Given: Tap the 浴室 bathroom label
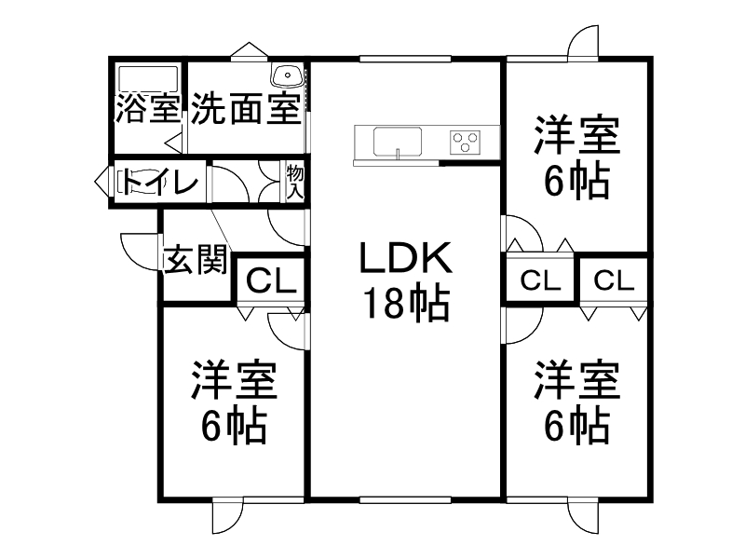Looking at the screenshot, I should pos(147,110).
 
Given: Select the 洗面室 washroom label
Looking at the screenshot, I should pos(246,110).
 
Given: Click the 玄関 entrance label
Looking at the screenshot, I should pos(196,260).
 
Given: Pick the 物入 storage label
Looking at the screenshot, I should pos(295,181).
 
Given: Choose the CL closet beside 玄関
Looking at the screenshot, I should pos(271,279).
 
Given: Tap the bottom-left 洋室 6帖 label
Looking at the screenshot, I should pos(235,402).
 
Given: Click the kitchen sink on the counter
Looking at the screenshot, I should pos(398,143).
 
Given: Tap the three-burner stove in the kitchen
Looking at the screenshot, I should pos(465,142).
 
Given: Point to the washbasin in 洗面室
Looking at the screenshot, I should pos(286,74).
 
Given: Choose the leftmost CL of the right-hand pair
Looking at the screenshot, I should pos(541,279).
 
